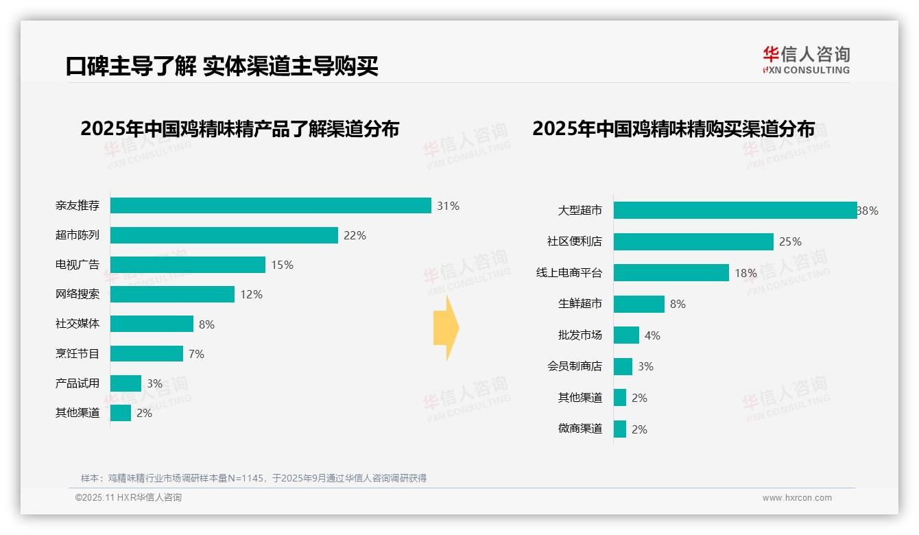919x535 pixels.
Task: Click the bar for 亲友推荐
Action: click(x=270, y=206)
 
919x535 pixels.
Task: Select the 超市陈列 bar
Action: click(x=224, y=235)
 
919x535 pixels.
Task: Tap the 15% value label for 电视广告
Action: click(x=282, y=265)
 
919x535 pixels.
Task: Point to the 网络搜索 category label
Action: click(x=77, y=294)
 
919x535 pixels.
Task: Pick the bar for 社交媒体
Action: click(x=152, y=324)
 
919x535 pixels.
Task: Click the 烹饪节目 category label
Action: click(x=77, y=354)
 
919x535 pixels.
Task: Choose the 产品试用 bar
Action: click(x=126, y=383)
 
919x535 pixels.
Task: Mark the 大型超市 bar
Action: click(x=735, y=211)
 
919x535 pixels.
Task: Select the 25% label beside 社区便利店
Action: click(x=790, y=241)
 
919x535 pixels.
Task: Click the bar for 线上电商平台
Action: click(x=671, y=273)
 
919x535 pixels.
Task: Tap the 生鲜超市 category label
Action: click(x=580, y=304)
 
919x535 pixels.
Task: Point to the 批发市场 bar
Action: click(x=626, y=335)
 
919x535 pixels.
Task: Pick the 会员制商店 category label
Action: click(x=575, y=366)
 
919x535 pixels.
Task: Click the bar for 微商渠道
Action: click(x=620, y=429)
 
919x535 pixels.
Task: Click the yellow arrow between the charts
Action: click(x=446, y=328)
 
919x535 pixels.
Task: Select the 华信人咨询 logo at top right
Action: click(x=806, y=60)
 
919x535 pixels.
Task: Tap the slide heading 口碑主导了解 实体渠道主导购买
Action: click(x=222, y=66)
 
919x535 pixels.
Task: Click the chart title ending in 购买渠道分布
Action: click(x=673, y=129)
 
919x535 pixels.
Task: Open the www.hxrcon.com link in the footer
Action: click(x=797, y=498)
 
